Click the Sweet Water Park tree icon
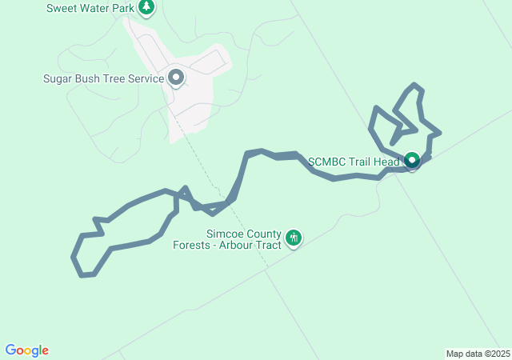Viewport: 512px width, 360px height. click(146, 8)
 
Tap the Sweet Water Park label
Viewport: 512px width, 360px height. click(90, 9)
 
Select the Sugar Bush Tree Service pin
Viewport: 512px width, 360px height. click(176, 78)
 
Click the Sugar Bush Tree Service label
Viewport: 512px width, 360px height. click(103, 79)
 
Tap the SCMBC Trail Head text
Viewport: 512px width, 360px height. click(354, 162)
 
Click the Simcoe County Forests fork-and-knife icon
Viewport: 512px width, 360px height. click(294, 238)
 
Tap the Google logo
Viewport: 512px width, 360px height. click(27, 350)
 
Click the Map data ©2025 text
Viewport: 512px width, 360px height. click(478, 354)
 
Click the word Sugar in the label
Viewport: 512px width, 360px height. click(58, 79)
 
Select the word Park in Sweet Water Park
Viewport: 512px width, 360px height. click(123, 9)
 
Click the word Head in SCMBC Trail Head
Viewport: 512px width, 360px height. click(386, 162)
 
